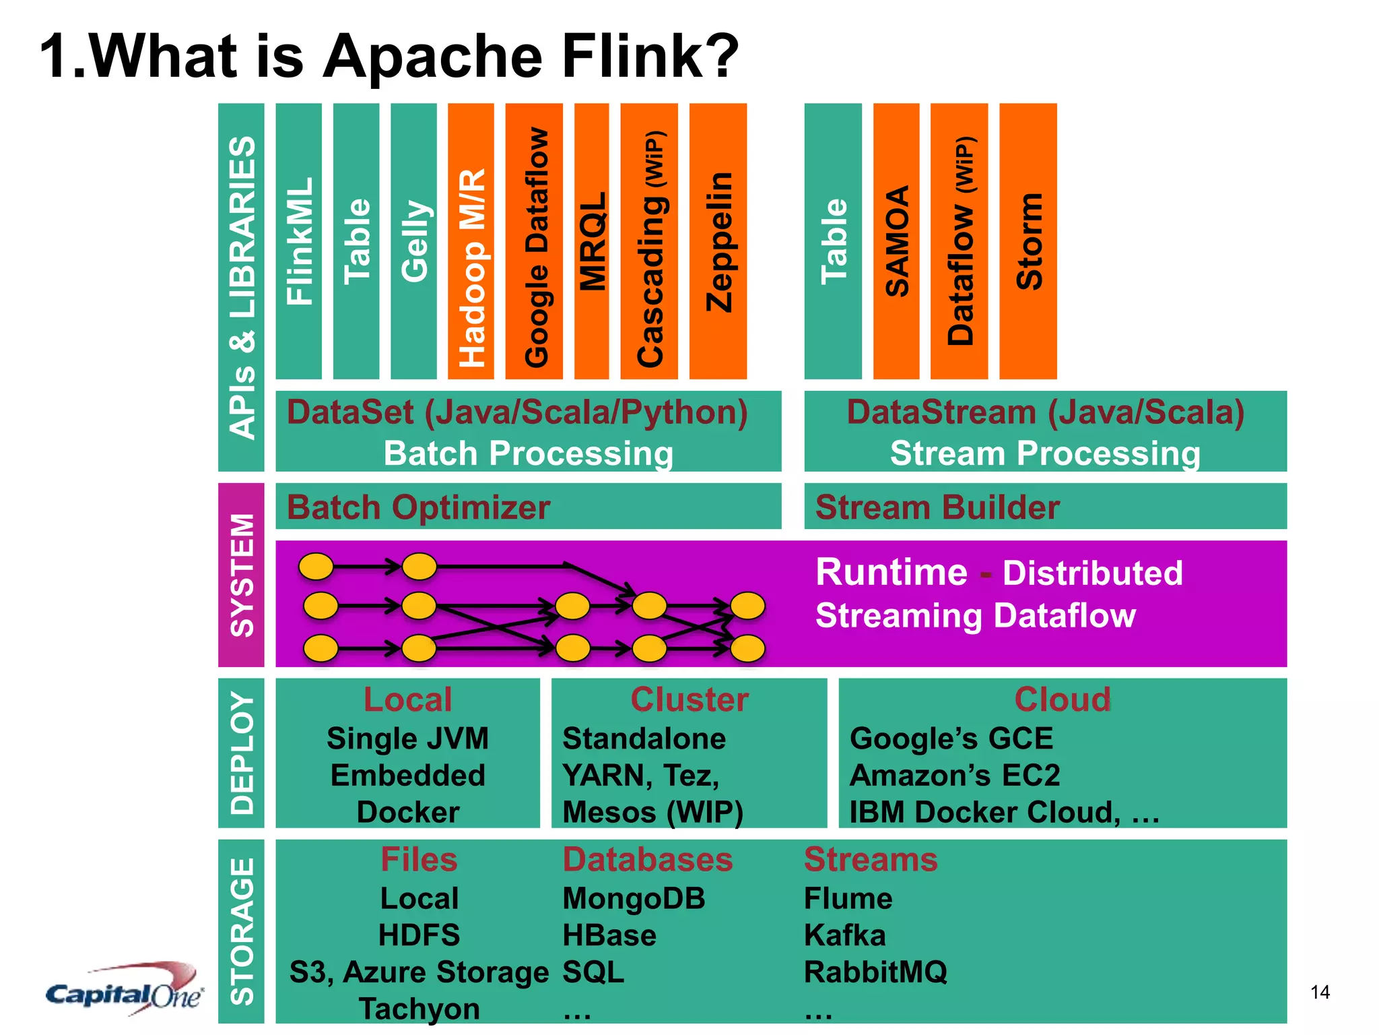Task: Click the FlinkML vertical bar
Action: (298, 241)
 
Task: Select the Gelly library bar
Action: (413, 241)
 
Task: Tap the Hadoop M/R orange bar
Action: (471, 241)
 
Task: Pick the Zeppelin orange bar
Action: (718, 241)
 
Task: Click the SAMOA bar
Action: (896, 241)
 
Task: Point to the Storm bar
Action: (1028, 241)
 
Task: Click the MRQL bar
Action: (591, 241)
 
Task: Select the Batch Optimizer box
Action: (528, 506)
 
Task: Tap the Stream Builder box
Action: (1045, 506)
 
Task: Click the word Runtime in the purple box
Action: (891, 573)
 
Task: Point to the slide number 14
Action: (1320, 992)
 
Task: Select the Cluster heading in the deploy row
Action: (689, 699)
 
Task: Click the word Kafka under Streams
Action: (844, 935)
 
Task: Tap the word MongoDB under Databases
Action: (634, 898)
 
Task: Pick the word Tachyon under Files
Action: (419, 1009)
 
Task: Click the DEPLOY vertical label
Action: (242, 753)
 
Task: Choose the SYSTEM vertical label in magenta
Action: (242, 575)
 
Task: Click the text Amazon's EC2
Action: (954, 776)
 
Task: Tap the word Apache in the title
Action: (432, 57)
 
